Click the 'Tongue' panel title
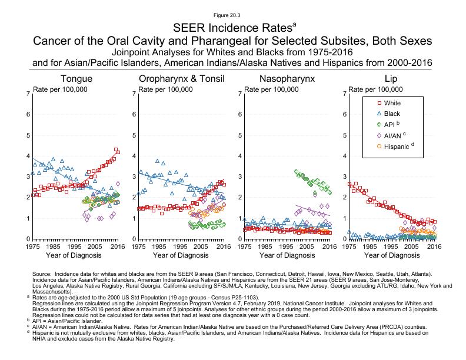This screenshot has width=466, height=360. tap(76, 79)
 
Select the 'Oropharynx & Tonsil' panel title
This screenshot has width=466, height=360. tap(181, 79)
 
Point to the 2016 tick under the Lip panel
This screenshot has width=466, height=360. tap(434, 246)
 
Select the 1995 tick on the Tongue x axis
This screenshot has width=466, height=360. tap(75, 246)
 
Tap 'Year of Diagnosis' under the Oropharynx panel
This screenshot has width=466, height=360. tap(181, 256)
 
